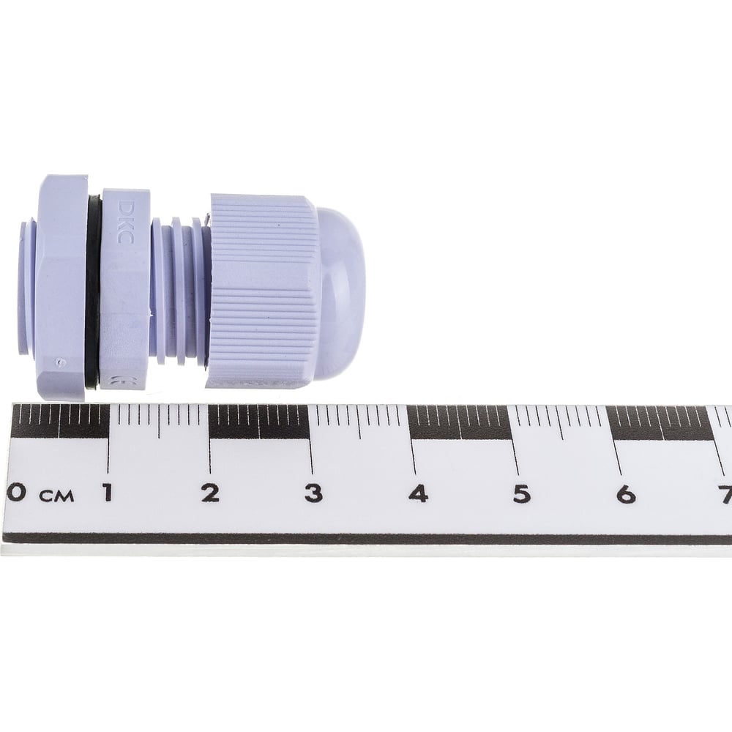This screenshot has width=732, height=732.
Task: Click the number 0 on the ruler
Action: (16, 493)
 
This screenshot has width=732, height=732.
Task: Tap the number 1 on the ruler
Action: (108, 493)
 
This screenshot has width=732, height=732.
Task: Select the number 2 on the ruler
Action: (211, 493)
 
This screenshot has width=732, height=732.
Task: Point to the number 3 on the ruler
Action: (313, 493)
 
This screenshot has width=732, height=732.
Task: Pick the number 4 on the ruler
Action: (418, 493)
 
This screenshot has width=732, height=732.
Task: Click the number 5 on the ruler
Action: (521, 494)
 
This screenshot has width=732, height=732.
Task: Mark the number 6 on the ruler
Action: (626, 494)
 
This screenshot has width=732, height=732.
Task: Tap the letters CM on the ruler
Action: (57, 496)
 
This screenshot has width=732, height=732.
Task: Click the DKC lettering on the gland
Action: (124, 222)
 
